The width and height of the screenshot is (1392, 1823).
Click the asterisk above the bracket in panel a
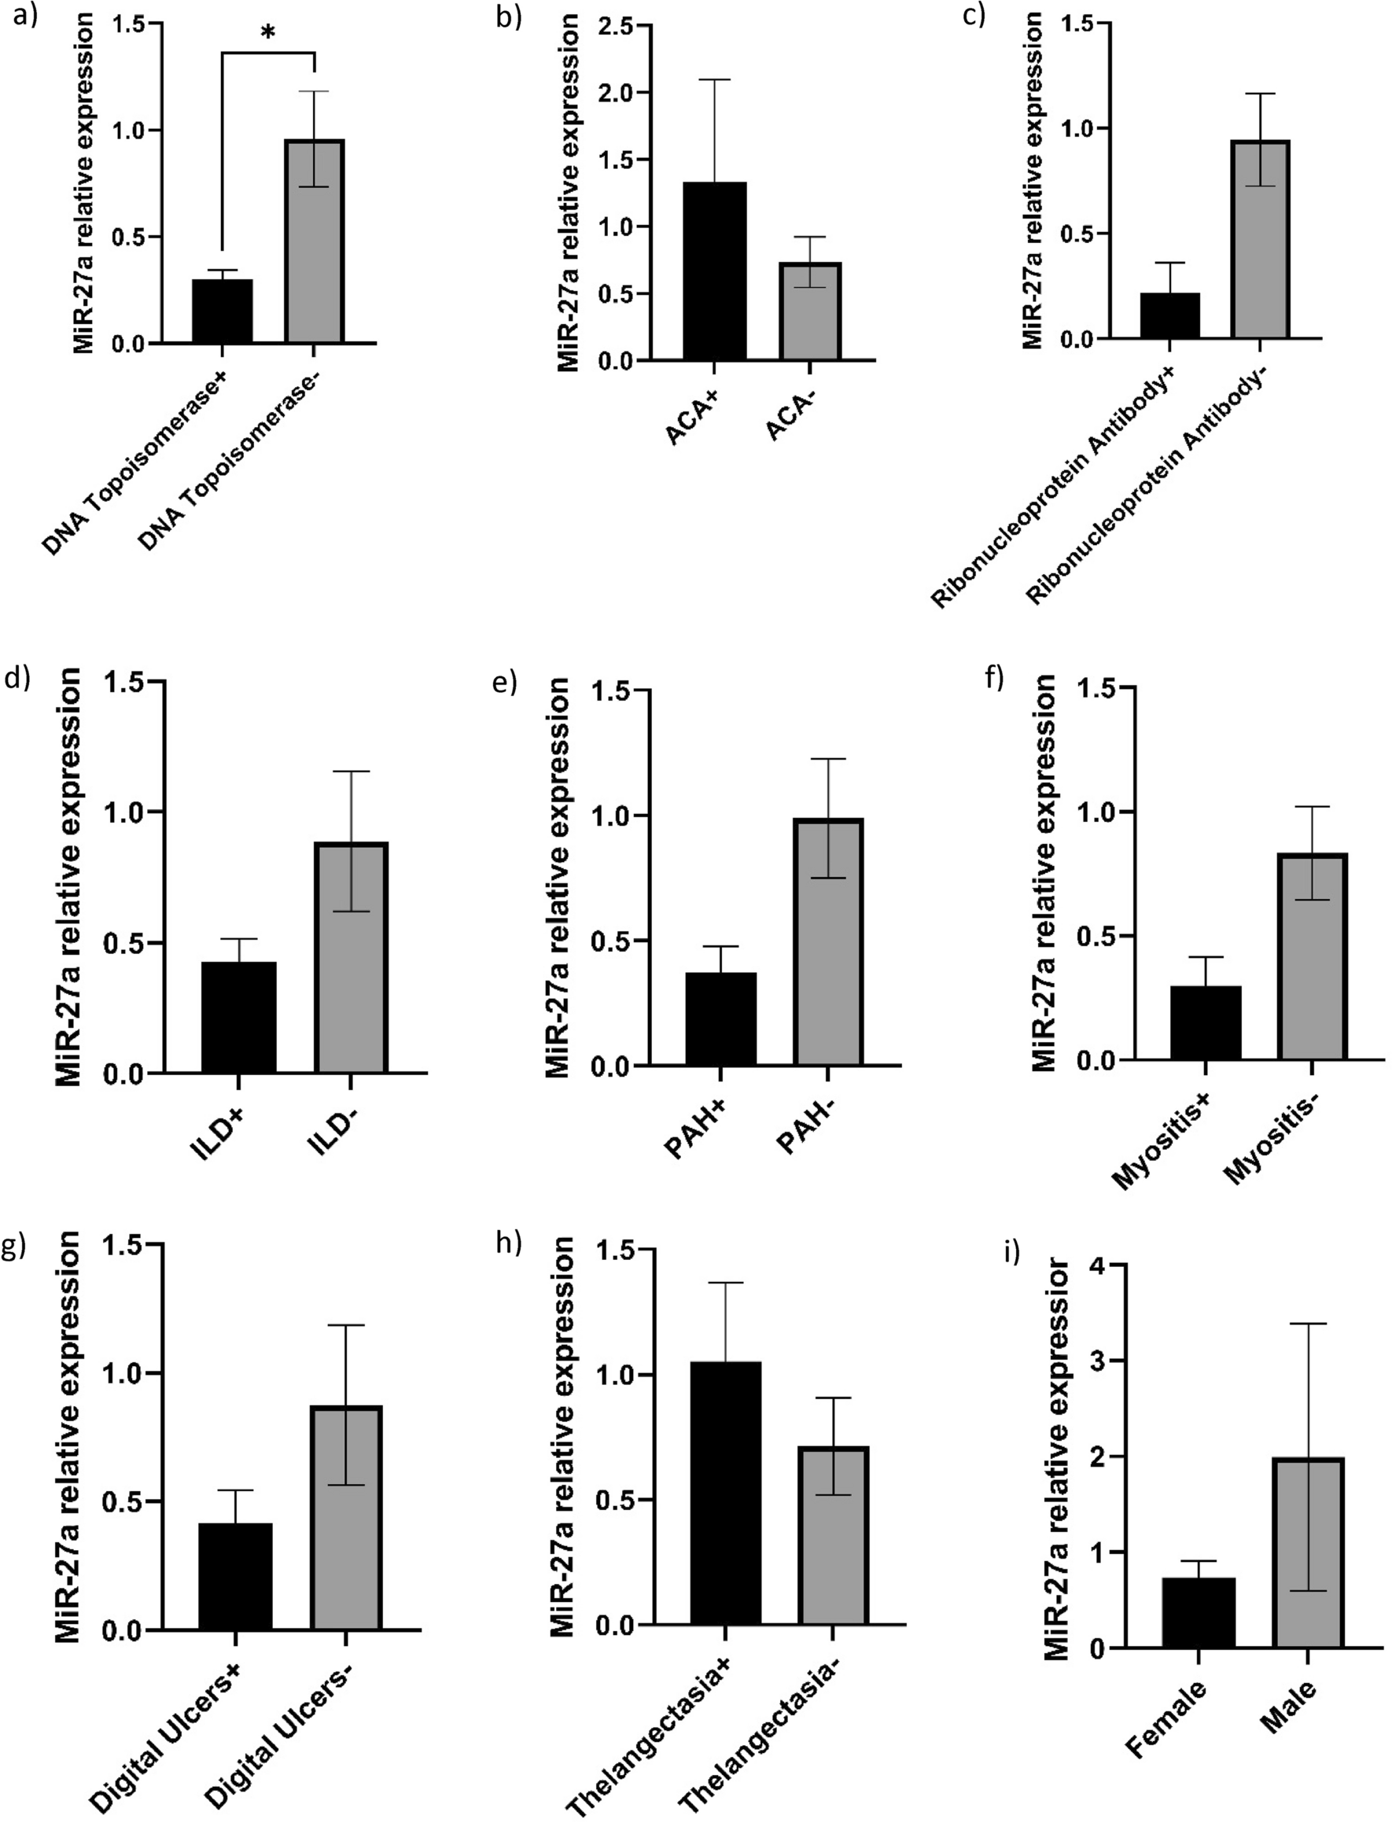coord(267,34)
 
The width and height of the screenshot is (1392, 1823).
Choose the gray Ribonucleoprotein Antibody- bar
coord(1259,241)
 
